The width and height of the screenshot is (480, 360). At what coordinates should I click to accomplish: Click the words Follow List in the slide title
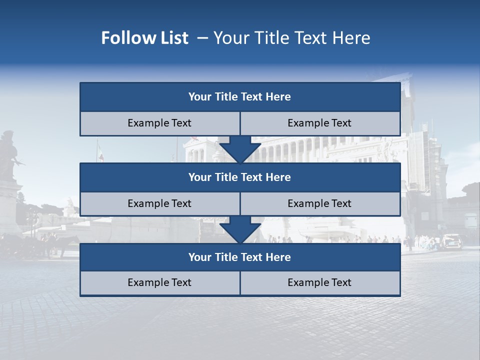pyautogui.click(x=144, y=38)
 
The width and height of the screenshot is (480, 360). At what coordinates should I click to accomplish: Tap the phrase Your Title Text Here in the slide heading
pyautogui.click(x=291, y=38)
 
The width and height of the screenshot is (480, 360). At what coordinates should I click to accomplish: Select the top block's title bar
pyautogui.click(x=240, y=97)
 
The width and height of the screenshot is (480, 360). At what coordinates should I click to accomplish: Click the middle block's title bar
pyautogui.click(x=240, y=177)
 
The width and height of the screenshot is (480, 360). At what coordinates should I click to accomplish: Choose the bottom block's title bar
pyautogui.click(x=240, y=257)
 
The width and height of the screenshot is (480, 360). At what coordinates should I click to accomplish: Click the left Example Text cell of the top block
pyautogui.click(x=159, y=123)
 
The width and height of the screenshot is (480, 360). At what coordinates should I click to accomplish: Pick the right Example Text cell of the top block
pyautogui.click(x=320, y=123)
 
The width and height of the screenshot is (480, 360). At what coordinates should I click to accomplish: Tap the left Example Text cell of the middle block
pyautogui.click(x=159, y=203)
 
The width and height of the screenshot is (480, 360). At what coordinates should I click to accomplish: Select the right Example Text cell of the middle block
pyautogui.click(x=320, y=203)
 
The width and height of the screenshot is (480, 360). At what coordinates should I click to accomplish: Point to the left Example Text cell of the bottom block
pyautogui.click(x=159, y=282)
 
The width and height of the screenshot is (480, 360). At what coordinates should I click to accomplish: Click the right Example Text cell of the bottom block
pyautogui.click(x=320, y=282)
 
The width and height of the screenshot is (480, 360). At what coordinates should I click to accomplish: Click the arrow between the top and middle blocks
pyautogui.click(x=240, y=149)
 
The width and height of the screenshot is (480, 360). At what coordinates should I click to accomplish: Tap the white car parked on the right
pyautogui.click(x=451, y=241)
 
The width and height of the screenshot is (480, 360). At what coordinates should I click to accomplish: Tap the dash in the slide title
pyautogui.click(x=202, y=38)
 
